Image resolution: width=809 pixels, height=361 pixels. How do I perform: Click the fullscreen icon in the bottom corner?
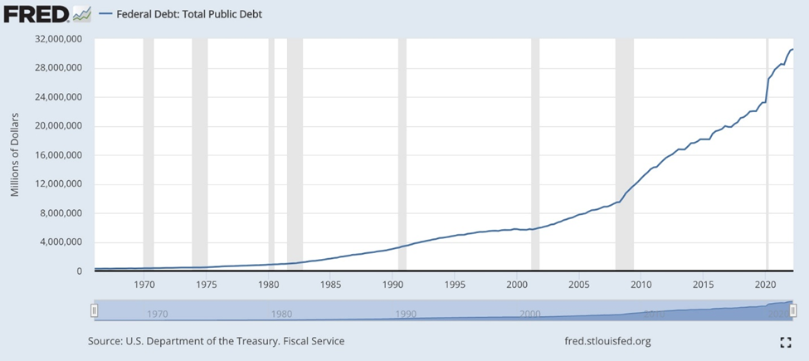[785, 342]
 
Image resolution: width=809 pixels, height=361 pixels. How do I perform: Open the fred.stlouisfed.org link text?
[607, 341]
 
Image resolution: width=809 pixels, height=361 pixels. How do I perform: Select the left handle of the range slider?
[95, 310]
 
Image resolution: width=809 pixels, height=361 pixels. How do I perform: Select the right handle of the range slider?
[793, 310]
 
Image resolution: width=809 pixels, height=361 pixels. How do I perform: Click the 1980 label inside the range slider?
[281, 315]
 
